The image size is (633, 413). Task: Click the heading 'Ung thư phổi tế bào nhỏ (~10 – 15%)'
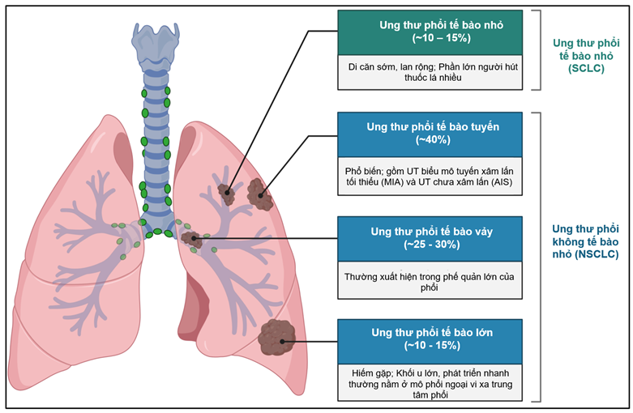click(441, 31)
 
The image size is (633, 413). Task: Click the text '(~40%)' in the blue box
click(433, 141)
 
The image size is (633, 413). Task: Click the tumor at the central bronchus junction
click(192, 239)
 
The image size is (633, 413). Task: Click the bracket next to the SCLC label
click(538, 49)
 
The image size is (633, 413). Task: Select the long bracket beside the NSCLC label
click(538, 255)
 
